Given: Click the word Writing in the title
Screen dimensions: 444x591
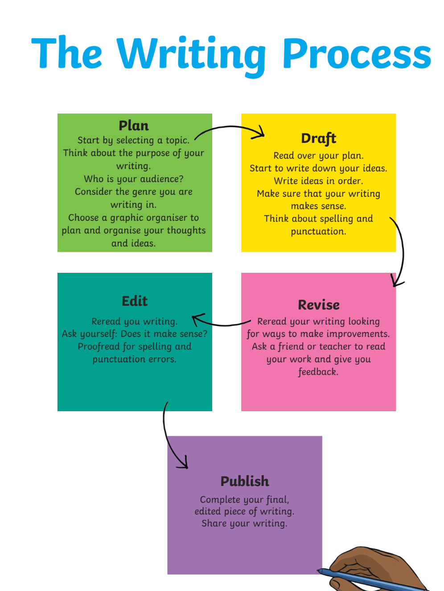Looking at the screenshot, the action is click(x=191, y=56).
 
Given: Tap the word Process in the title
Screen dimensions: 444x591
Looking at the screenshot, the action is click(x=357, y=53).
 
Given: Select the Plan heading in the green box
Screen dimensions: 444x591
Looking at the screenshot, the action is click(x=134, y=126).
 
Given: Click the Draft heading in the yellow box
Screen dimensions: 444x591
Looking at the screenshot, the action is click(x=318, y=139).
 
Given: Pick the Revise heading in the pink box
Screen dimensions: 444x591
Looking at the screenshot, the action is click(x=319, y=305).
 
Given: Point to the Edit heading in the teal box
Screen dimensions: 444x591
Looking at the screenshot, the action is click(x=135, y=301).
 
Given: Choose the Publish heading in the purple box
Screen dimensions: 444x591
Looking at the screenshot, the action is click(x=245, y=482).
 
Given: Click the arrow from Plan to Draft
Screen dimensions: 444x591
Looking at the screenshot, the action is click(x=229, y=126).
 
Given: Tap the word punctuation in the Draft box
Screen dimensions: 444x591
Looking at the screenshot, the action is click(x=318, y=231).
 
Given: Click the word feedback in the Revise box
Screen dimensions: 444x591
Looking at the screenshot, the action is click(x=318, y=372).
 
